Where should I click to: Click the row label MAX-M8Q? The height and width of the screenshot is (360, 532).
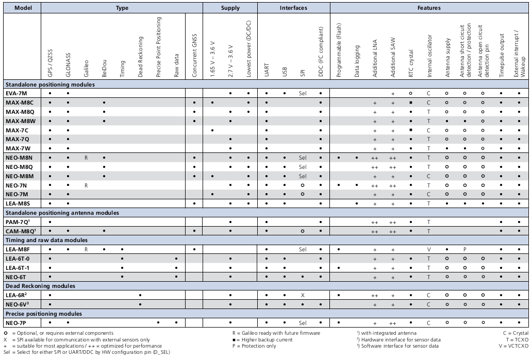(20, 112)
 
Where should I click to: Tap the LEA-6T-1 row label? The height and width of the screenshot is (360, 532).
(18, 268)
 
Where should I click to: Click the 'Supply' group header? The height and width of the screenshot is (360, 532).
(230, 8)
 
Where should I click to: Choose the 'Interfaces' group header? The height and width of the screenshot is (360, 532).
(293, 8)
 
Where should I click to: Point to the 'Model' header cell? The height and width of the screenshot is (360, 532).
(23, 8)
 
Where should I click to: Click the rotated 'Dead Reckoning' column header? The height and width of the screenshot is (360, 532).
(140, 57)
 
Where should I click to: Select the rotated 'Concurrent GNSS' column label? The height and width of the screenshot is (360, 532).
(194, 55)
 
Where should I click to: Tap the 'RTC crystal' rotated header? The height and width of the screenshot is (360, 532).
(411, 63)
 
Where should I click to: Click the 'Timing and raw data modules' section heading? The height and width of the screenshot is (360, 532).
(46, 240)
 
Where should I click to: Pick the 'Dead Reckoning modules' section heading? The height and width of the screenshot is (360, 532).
(40, 286)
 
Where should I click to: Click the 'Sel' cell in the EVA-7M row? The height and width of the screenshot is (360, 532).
(303, 93)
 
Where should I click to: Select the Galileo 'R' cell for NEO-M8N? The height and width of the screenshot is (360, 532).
(86, 158)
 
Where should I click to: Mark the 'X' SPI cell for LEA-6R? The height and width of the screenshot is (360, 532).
(303, 295)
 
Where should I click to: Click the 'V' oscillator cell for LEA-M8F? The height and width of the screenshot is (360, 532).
(429, 249)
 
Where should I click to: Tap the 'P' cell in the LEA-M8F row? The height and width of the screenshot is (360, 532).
(465, 249)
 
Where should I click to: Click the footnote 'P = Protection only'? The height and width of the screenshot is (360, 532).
(254, 346)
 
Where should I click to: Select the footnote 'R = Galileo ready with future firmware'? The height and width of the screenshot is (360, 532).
(276, 333)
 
